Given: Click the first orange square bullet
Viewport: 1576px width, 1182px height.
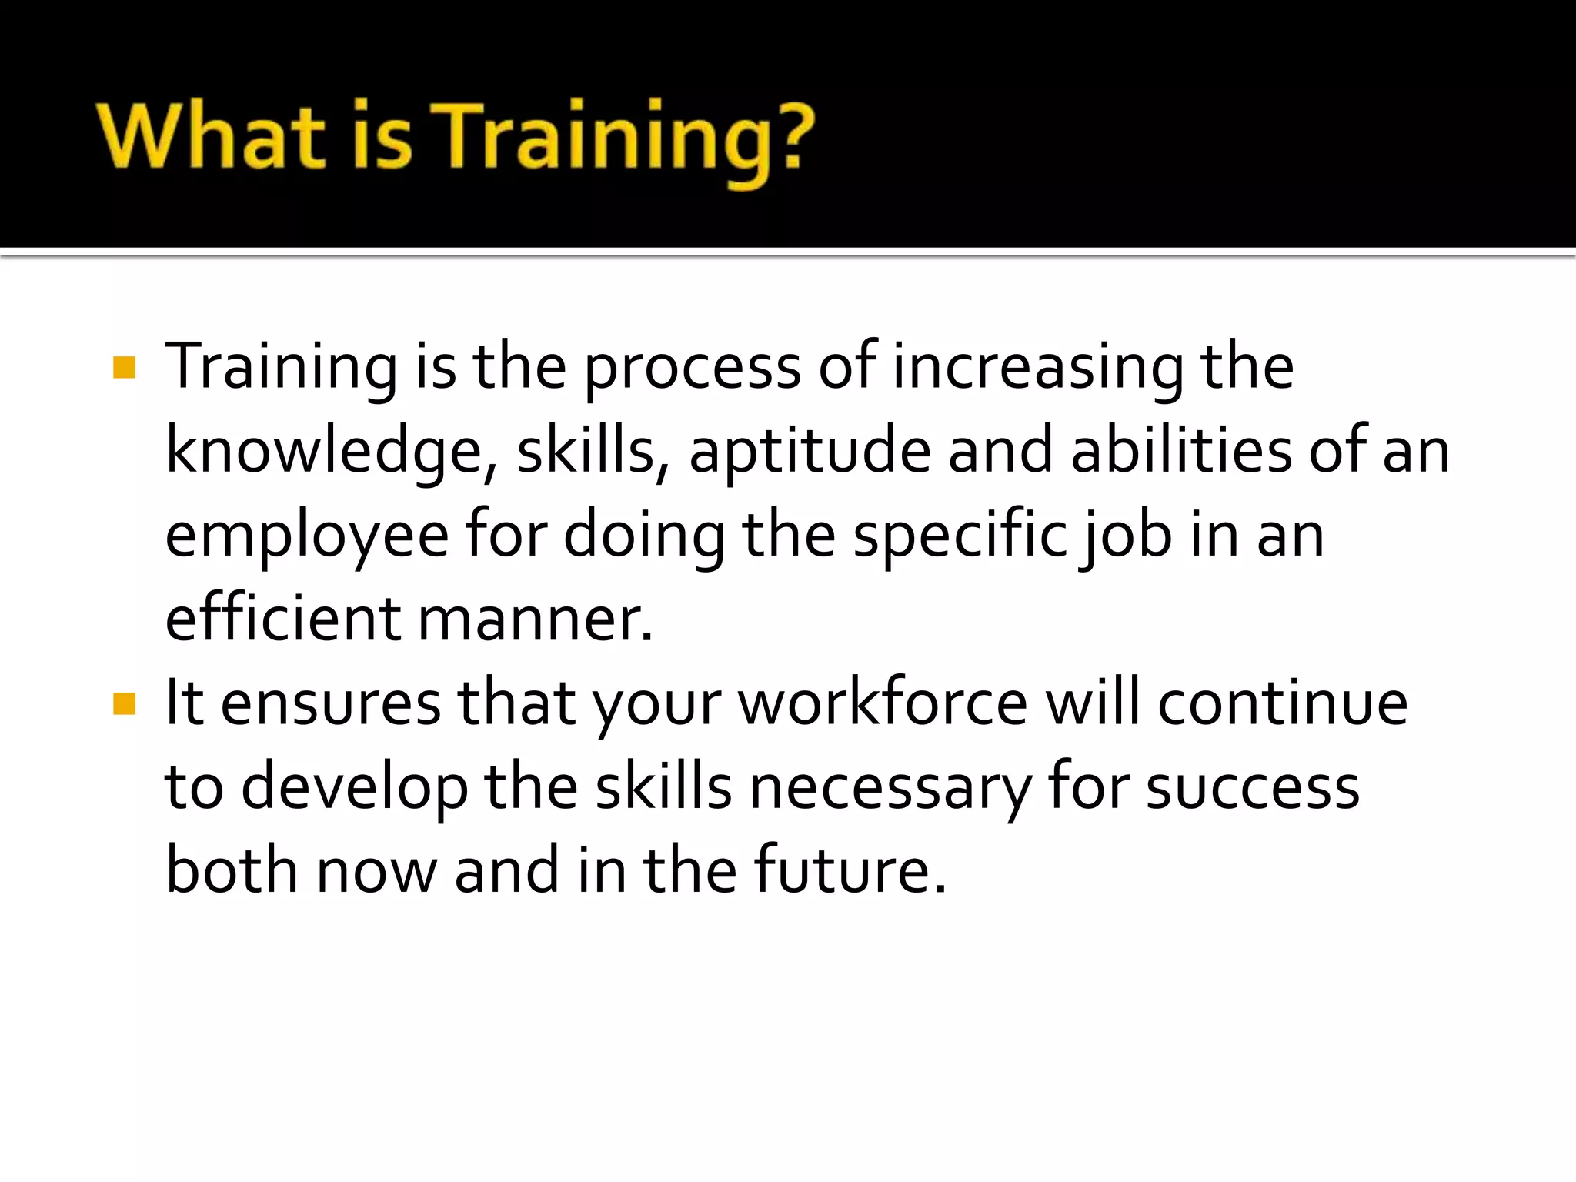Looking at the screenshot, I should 124,368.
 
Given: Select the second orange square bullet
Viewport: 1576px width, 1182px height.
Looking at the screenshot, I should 124,703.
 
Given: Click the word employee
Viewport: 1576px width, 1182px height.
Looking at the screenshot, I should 307,537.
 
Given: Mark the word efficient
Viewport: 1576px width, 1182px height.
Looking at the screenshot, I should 283,619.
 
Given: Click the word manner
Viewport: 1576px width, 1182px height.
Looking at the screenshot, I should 536,620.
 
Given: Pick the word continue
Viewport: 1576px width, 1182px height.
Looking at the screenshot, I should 1283,703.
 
